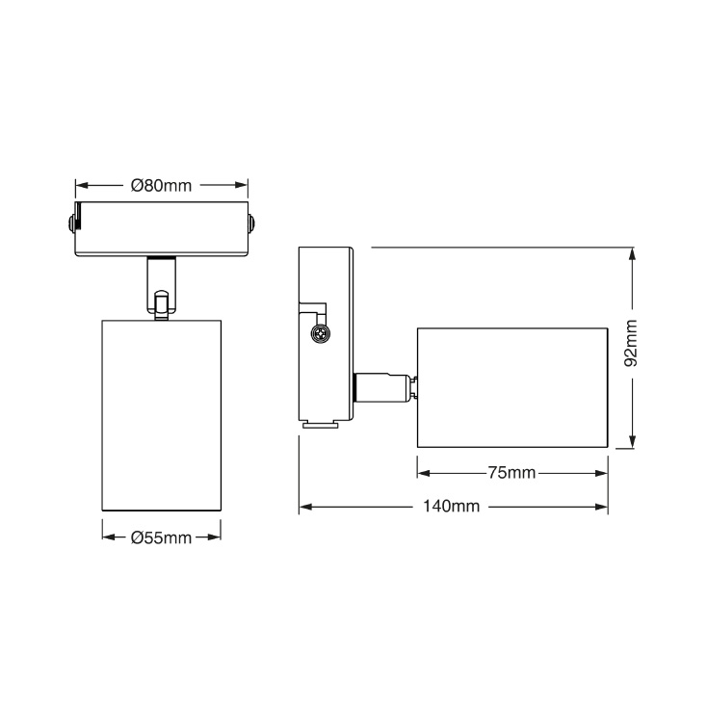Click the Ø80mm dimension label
[x=161, y=185]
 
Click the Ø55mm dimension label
[x=161, y=537]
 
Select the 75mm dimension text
[x=511, y=473]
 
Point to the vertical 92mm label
[x=631, y=344]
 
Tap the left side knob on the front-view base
[x=73, y=223]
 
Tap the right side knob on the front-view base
[x=250, y=223]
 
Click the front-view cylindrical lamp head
[x=161, y=414]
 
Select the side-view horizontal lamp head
[x=512, y=387]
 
